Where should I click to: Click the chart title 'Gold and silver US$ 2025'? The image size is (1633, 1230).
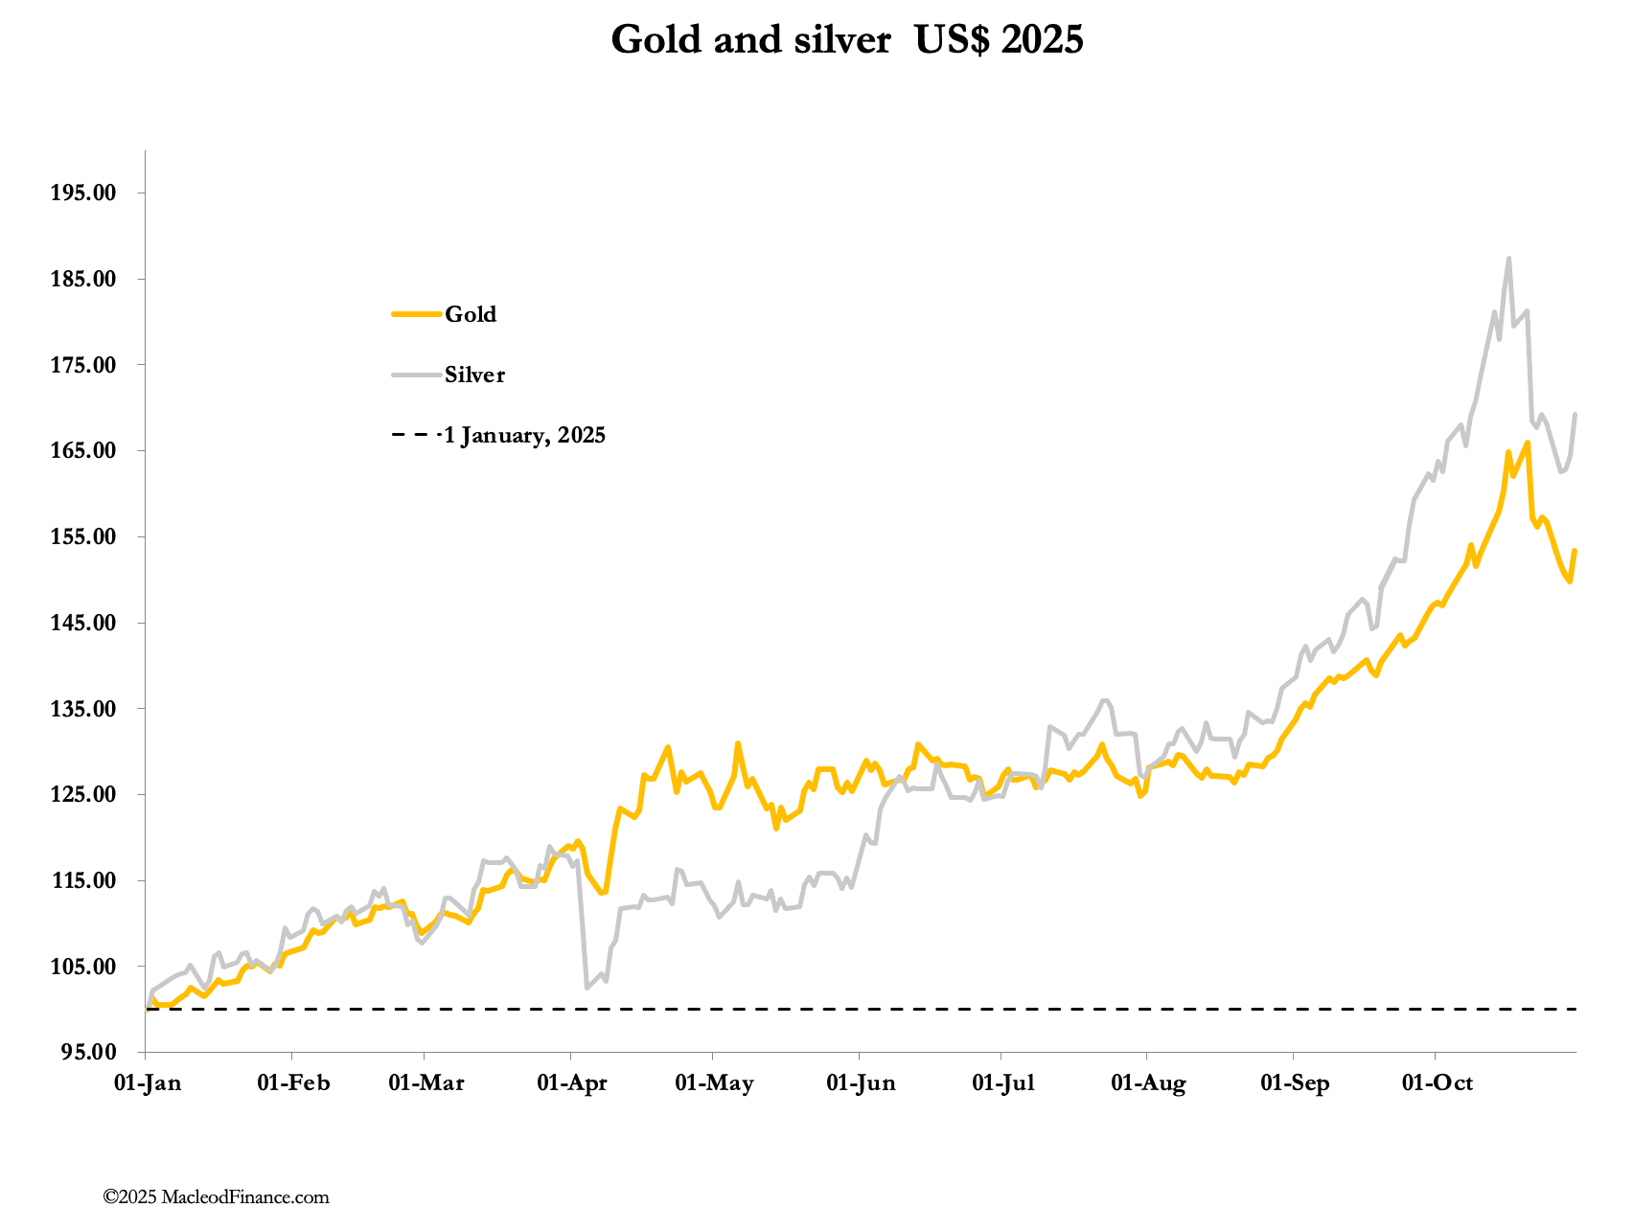[x=847, y=40]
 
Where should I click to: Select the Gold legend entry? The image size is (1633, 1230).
[x=470, y=314]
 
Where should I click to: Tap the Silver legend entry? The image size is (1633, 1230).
[x=473, y=375]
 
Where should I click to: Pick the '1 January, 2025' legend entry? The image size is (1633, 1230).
[x=524, y=436]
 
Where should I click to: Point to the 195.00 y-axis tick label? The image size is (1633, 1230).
[x=82, y=193]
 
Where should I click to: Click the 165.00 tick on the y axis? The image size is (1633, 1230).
[x=82, y=451]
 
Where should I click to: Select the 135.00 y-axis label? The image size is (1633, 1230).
[x=82, y=709]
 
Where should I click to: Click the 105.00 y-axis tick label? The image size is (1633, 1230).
[x=82, y=967]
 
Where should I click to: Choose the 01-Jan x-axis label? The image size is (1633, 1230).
[x=147, y=1083]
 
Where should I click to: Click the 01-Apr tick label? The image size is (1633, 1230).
[x=571, y=1083]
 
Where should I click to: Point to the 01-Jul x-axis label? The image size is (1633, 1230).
[x=1003, y=1083]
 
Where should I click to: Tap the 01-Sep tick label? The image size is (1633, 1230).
[x=1295, y=1083]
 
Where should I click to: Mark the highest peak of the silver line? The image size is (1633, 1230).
[x=1508, y=259]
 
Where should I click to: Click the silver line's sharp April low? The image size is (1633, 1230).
[x=586, y=987]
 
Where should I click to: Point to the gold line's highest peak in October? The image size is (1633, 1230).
[x=1528, y=443]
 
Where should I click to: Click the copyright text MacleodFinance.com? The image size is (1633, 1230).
[x=217, y=1197]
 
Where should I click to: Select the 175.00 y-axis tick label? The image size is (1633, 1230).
[x=82, y=365]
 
